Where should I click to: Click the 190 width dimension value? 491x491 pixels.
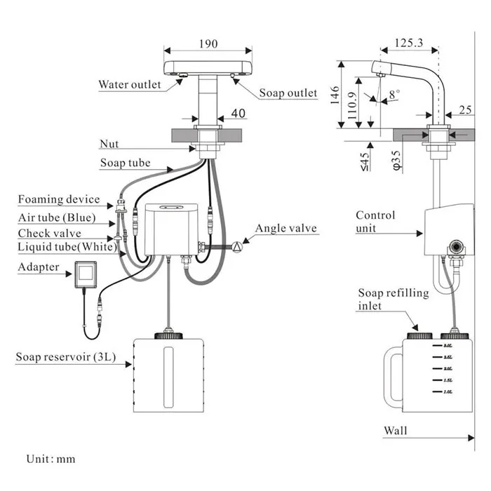(x=208, y=43)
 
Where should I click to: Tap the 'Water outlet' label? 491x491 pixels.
(x=129, y=86)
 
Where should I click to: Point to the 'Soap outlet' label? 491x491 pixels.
(x=288, y=93)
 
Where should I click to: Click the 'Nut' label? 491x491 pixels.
(x=109, y=144)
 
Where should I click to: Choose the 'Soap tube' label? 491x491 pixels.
(x=124, y=163)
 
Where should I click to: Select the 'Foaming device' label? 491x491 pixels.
(x=59, y=199)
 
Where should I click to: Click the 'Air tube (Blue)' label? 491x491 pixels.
(x=57, y=217)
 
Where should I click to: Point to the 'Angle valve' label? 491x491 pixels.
(x=285, y=229)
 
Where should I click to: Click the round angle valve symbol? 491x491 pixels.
(x=239, y=246)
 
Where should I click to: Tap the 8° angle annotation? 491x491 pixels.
(x=396, y=93)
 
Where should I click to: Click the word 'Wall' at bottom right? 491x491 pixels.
(x=395, y=431)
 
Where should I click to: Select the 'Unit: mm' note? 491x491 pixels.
(x=51, y=459)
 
